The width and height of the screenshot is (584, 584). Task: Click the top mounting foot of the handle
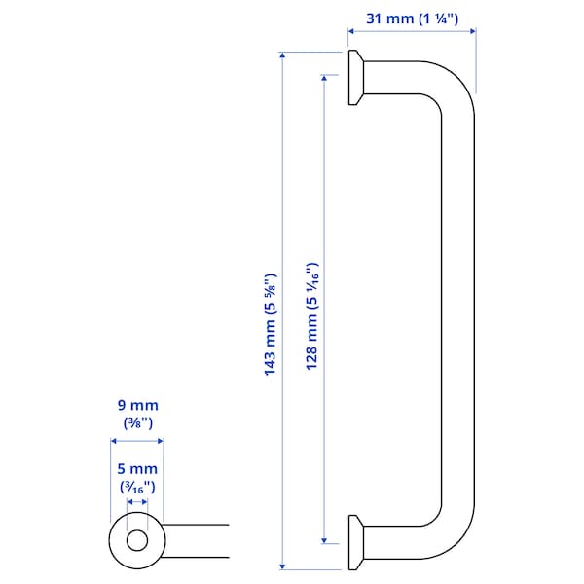356,78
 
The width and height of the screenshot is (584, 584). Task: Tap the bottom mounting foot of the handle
356,542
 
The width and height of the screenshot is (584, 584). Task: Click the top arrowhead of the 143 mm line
283,54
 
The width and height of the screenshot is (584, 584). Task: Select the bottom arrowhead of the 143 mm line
283,566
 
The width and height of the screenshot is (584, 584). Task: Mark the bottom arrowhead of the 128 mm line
323,542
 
